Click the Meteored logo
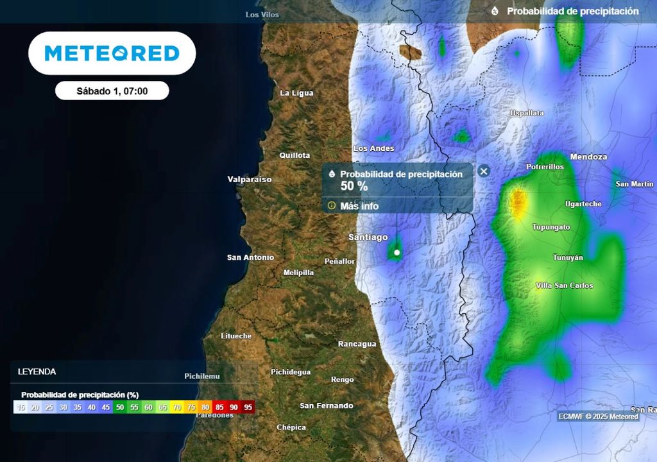[112, 53]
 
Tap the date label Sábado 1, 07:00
[112, 91]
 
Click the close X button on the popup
[484, 171]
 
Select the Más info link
[359, 206]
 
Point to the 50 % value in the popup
[354, 186]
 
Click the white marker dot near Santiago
[397, 253]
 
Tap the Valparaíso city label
[250, 180]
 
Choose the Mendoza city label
[588, 157]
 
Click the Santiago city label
[368, 237]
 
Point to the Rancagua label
[357, 344]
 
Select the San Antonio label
[250, 257]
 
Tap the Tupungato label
[551, 227]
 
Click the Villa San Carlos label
[565, 286]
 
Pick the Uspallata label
[527, 113]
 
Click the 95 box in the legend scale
[248, 407]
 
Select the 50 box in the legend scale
[120, 407]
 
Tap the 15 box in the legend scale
[21, 407]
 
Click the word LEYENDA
[37, 372]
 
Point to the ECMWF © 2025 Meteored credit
[598, 416]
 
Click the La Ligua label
[297, 93]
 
